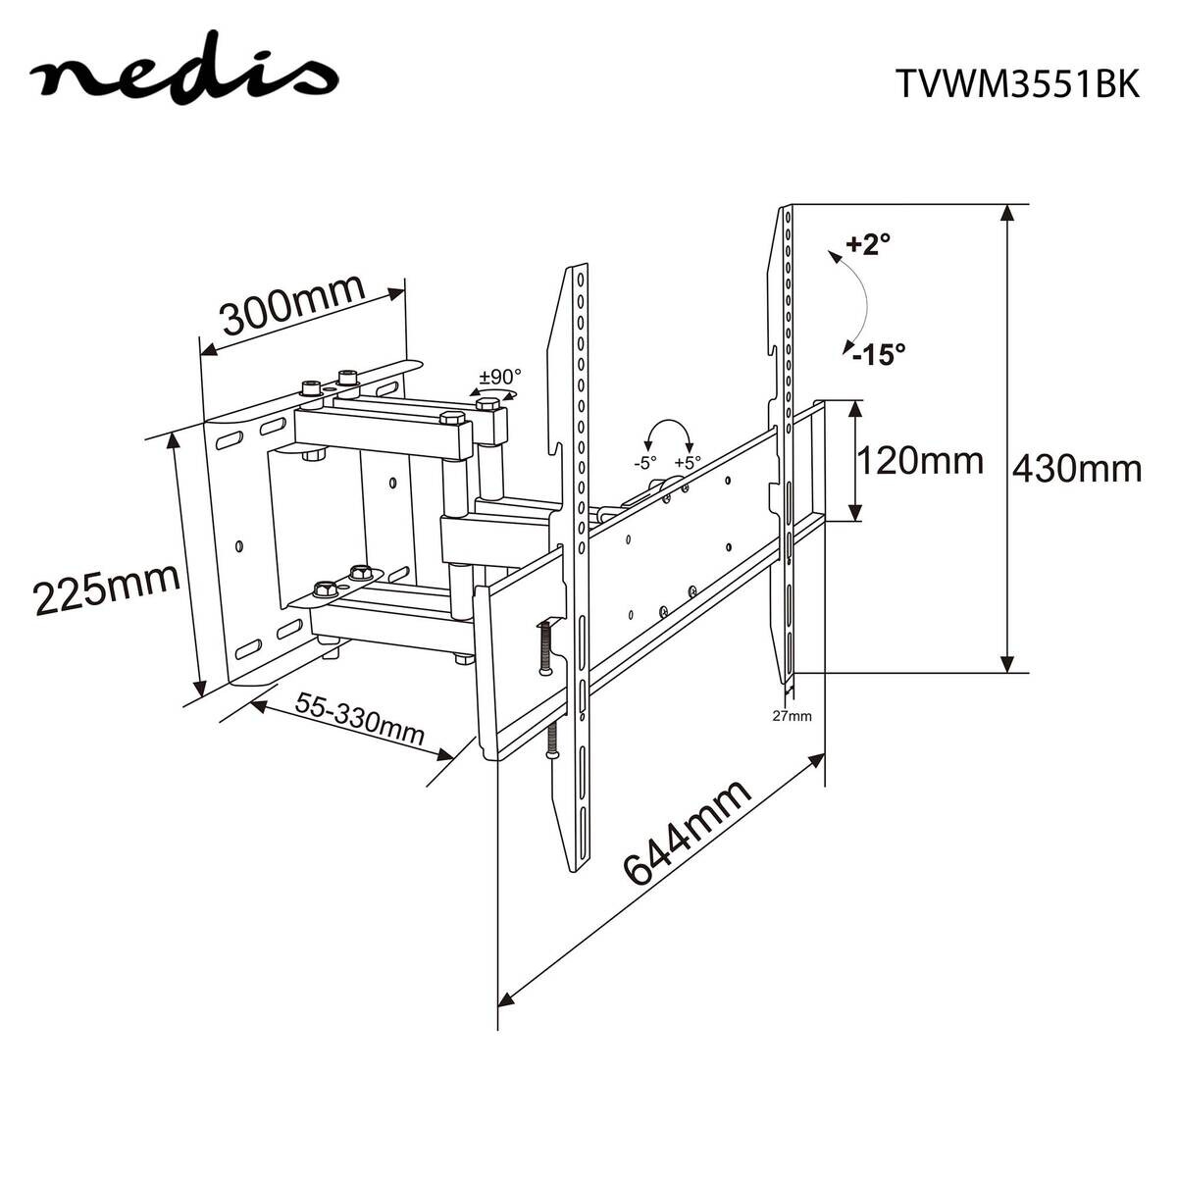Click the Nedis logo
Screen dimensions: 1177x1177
(183, 77)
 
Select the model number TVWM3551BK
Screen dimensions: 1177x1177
(1017, 85)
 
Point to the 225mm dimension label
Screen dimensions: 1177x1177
(106, 588)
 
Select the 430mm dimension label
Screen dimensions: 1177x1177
(1076, 469)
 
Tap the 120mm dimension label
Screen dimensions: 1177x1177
(919, 459)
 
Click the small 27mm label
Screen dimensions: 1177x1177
(792, 715)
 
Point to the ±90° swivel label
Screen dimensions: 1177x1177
(500, 377)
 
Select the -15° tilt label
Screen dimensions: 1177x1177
(878, 353)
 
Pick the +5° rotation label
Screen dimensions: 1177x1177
(689, 463)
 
